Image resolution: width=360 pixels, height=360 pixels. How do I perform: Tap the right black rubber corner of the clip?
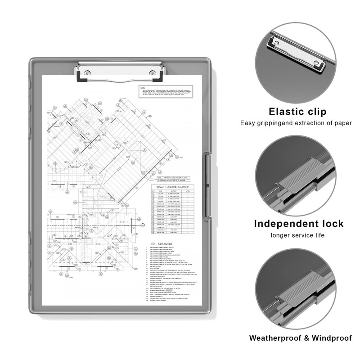pos(158,79)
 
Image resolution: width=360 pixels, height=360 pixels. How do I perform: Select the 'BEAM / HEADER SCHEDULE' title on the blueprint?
pos(173,186)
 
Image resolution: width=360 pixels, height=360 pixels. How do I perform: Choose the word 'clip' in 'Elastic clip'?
pos(315,112)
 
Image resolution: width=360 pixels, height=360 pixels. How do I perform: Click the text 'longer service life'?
pos(297,235)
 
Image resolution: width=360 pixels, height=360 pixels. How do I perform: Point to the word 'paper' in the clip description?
pos(342,123)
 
